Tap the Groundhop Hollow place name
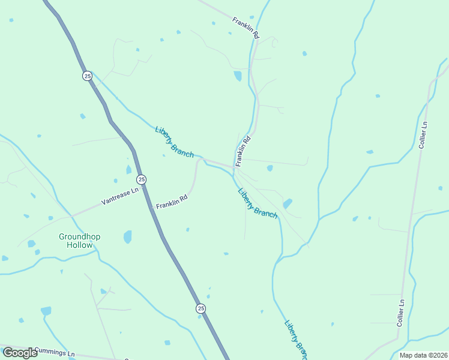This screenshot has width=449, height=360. pyautogui.click(x=80, y=241)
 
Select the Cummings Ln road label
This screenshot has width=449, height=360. pyautogui.click(x=55, y=353)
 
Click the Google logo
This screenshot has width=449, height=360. pyautogui.click(x=20, y=353)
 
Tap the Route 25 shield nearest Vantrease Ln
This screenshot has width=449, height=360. pyautogui.click(x=141, y=179)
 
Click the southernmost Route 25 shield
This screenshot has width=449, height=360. pyautogui.click(x=200, y=308)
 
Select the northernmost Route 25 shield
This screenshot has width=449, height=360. pyautogui.click(x=88, y=76)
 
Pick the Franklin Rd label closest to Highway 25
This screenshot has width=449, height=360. pyautogui.click(x=172, y=201)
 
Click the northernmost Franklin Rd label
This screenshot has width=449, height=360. pyautogui.click(x=246, y=28)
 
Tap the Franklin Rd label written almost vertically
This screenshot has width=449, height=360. pyautogui.click(x=243, y=151)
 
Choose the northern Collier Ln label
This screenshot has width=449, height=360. pyautogui.click(x=423, y=134)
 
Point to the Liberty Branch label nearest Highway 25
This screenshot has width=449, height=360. pyautogui.click(x=174, y=142)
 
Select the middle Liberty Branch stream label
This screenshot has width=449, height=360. pyautogui.click(x=258, y=203)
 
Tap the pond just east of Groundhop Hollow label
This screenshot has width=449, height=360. pyautogui.click(x=127, y=237)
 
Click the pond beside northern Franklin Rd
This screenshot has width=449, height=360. pyautogui.click(x=238, y=76)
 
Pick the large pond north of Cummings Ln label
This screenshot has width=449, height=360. pyautogui.click(x=46, y=311)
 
